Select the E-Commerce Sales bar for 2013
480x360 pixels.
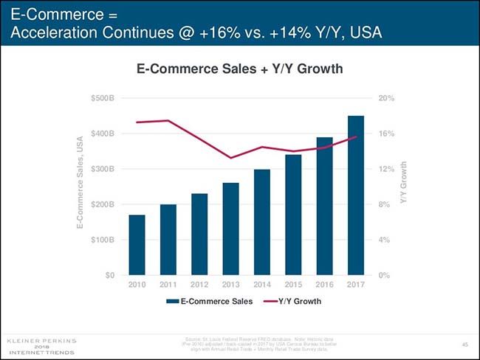click(x=230, y=229)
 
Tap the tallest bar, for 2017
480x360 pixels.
click(x=356, y=195)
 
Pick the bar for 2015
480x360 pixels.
click(x=293, y=215)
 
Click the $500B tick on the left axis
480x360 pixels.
click(x=103, y=98)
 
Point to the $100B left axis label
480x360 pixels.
click(x=103, y=240)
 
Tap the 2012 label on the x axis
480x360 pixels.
click(x=199, y=285)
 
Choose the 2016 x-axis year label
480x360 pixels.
click(x=325, y=285)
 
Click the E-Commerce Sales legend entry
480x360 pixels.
click(x=210, y=302)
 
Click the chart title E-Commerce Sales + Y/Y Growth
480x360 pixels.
click(x=240, y=69)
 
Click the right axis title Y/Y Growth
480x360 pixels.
click(x=404, y=183)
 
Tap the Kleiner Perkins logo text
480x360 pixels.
click(x=41, y=341)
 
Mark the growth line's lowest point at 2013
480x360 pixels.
click(x=231, y=158)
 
